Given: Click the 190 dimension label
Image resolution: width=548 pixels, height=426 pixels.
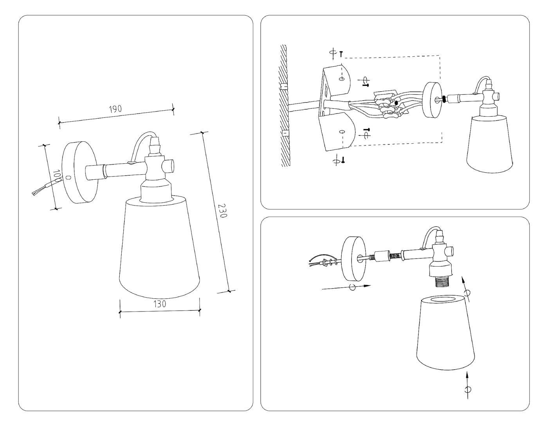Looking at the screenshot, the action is [x=115, y=109].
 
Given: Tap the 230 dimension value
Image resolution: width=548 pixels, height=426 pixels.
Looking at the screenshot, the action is [x=224, y=211].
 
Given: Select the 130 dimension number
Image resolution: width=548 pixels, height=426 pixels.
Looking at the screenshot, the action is [x=160, y=304].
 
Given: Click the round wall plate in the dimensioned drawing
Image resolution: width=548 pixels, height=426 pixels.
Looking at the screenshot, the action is [x=79, y=172].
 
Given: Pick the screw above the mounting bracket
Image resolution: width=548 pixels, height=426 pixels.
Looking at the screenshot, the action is [x=341, y=54].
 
